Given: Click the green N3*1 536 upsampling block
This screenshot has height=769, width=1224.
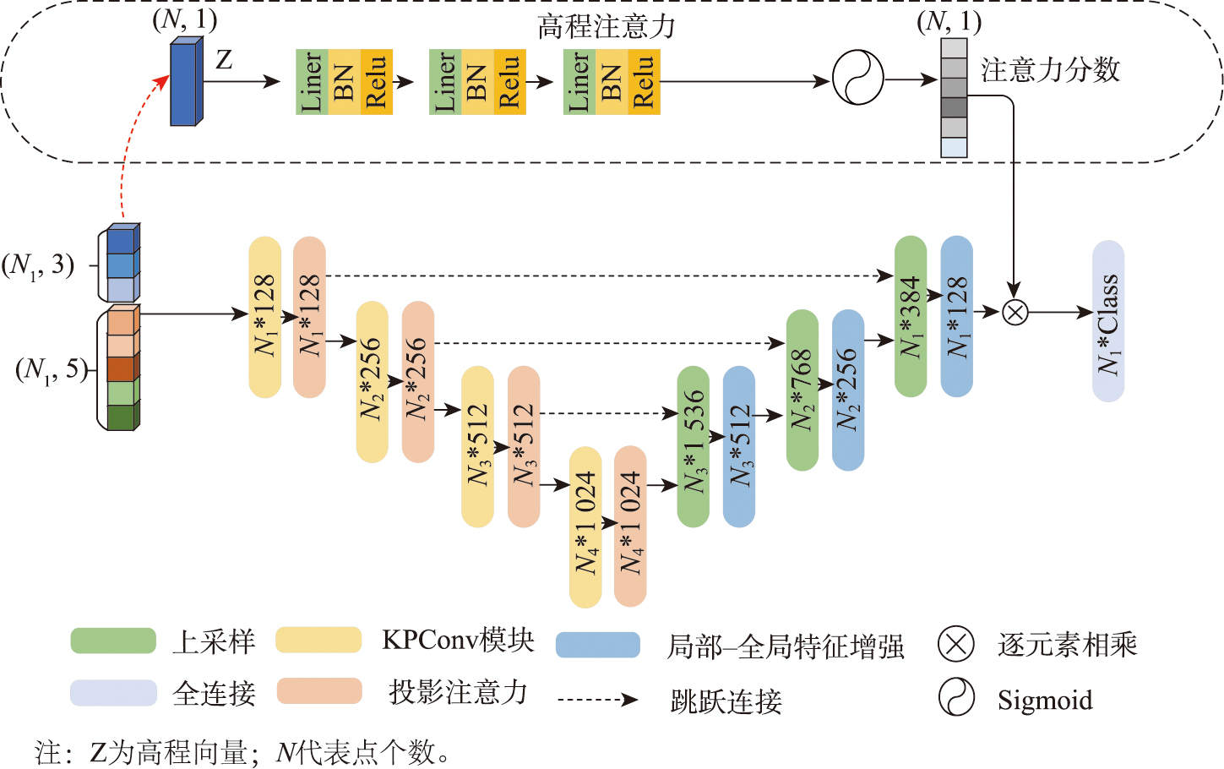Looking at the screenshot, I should (x=693, y=446).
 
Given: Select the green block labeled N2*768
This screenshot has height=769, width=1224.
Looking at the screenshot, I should (x=802, y=390).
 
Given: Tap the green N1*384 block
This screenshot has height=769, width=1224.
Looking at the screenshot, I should (x=911, y=316).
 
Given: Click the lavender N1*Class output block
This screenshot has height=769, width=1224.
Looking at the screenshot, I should (x=1108, y=321).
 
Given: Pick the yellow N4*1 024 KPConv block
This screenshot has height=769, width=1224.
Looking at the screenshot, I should (x=585, y=526).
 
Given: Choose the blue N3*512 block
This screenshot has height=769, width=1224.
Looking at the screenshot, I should (x=739, y=446).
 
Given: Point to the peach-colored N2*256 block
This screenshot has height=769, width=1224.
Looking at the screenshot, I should (x=417, y=382).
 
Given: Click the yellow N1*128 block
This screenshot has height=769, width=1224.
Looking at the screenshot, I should (x=265, y=317).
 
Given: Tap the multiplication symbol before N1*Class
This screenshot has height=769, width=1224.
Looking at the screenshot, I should (x=1015, y=313).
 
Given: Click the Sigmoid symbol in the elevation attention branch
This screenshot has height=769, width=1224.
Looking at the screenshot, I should (x=857, y=78).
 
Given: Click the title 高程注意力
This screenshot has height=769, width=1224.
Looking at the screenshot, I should (x=607, y=27).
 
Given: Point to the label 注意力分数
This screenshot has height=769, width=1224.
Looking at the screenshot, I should (x=1050, y=70).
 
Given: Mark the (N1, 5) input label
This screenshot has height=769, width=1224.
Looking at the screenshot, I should (x=52, y=369).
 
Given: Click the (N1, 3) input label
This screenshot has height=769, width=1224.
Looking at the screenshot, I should (x=38, y=265).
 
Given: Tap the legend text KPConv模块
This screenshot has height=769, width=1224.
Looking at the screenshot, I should (x=458, y=640).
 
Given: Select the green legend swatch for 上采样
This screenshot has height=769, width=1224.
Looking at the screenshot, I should (x=113, y=641).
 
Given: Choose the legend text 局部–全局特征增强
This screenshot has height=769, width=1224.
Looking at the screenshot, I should (x=786, y=646).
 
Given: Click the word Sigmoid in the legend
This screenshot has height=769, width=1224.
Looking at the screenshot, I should (x=1045, y=701).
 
